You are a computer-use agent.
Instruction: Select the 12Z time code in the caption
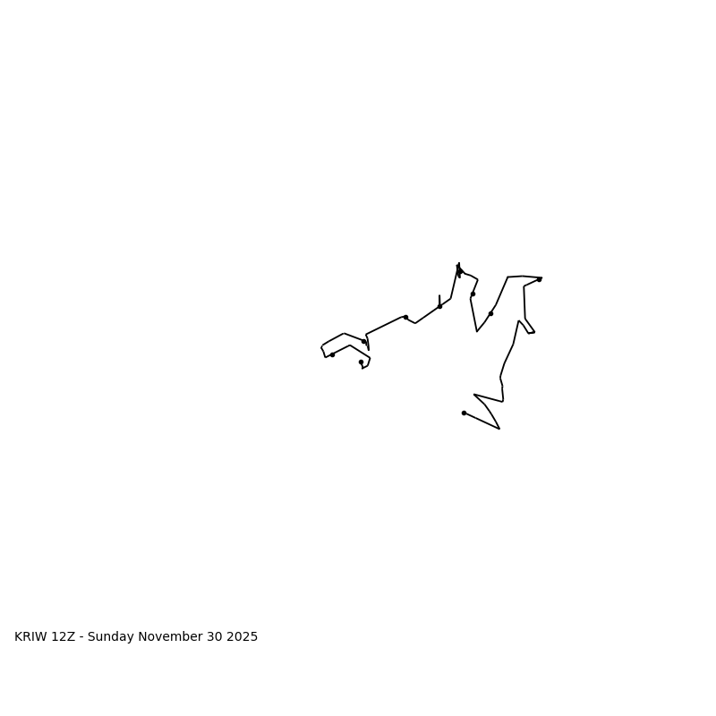click(63, 637)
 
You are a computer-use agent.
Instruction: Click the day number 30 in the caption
click(216, 637)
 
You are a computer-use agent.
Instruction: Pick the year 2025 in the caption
click(243, 637)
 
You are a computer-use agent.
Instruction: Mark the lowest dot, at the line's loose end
click(464, 413)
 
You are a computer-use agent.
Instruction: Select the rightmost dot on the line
click(539, 279)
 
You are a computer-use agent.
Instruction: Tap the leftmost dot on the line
click(332, 354)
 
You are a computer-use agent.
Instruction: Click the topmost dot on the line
click(459, 270)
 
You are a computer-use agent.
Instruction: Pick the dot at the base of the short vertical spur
click(439, 306)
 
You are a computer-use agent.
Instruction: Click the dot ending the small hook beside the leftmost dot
click(361, 362)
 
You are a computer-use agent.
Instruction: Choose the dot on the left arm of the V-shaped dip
click(473, 294)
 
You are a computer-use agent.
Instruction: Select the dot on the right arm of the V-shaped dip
click(490, 313)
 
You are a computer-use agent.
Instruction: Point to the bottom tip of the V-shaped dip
click(477, 331)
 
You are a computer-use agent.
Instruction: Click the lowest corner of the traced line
click(499, 429)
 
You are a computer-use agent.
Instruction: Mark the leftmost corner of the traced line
click(321, 346)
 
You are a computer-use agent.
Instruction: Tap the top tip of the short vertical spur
click(439, 295)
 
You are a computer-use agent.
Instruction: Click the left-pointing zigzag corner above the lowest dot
click(474, 395)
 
